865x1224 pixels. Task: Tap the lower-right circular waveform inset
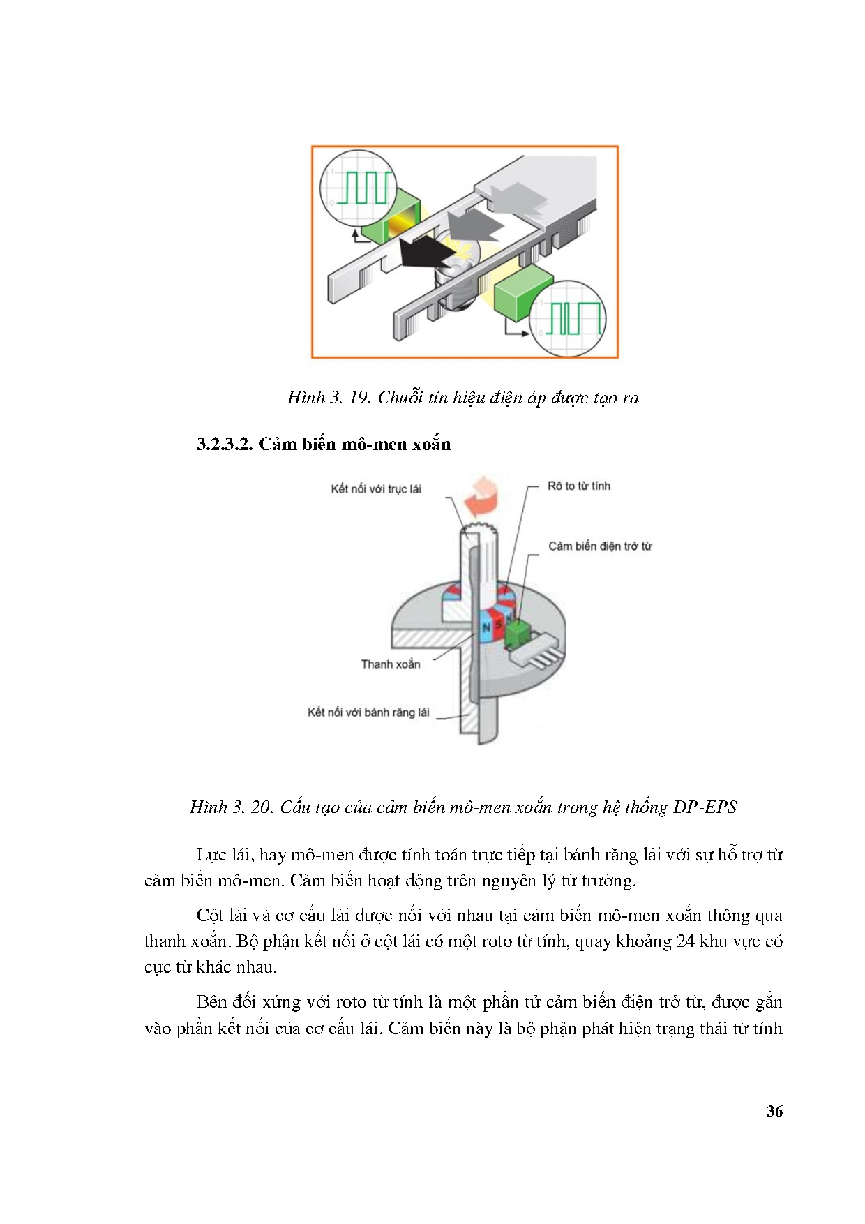tap(567, 318)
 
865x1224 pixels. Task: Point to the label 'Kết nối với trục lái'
tap(375, 489)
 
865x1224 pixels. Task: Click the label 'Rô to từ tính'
tap(578, 486)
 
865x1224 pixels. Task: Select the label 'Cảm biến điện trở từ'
tap(599, 546)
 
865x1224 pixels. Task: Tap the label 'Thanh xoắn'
tap(390, 664)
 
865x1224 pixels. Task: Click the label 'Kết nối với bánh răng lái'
tap(368, 712)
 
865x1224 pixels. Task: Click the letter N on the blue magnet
tap(486, 627)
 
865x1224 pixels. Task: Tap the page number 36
tap(774, 1112)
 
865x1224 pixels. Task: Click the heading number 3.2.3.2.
tap(225, 445)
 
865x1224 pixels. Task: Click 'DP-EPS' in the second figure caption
tap(705, 807)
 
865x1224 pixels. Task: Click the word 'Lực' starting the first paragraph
tap(211, 855)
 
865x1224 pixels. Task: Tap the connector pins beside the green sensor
tap(539, 651)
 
